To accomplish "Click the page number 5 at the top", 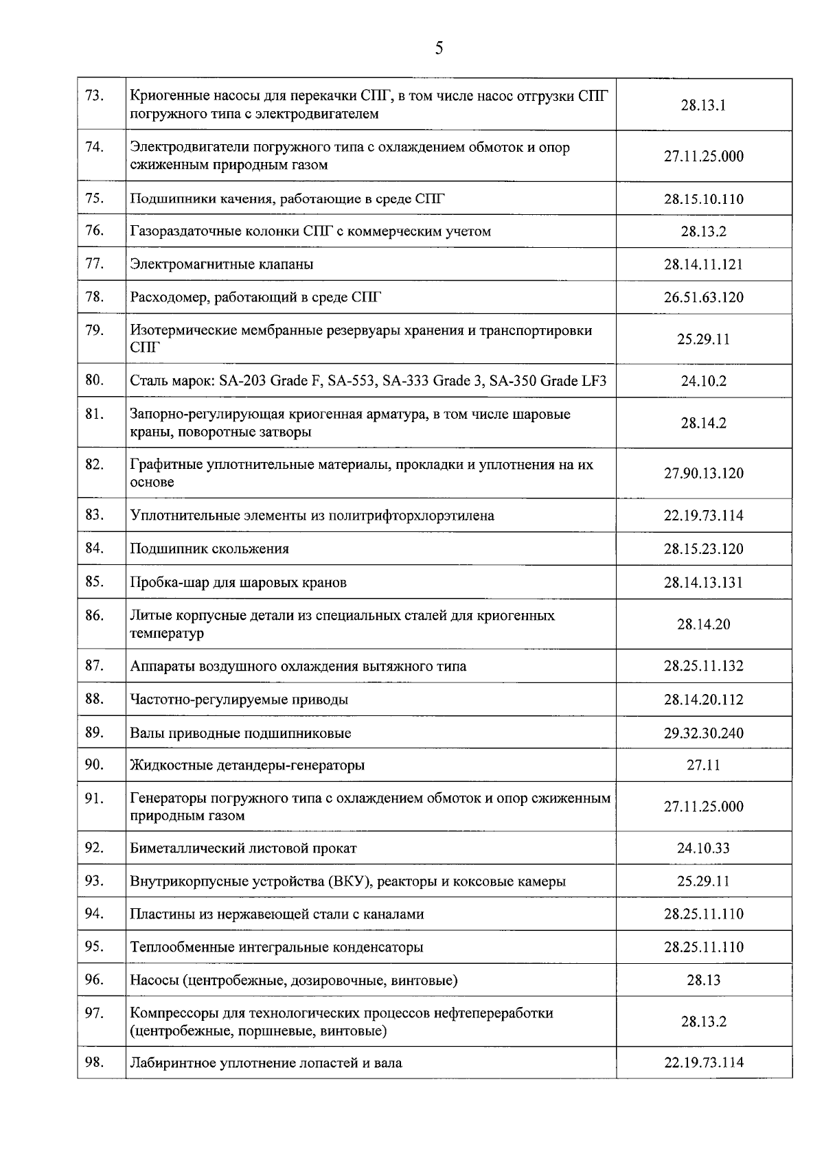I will click(x=439, y=48).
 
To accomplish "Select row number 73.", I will click(x=94, y=95).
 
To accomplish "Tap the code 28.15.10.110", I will click(x=703, y=200).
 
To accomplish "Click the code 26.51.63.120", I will click(x=703, y=298).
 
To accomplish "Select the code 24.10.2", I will click(x=703, y=381).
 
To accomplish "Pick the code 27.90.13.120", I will click(x=703, y=474).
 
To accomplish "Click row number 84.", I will click(x=94, y=548).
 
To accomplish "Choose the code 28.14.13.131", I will click(x=703, y=583).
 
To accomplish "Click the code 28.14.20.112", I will click(x=703, y=700).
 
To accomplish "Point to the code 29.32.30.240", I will click(x=703, y=733).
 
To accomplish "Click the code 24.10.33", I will click(x=703, y=849).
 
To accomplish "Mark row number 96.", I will click(x=94, y=980).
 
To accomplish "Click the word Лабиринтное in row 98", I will click(x=172, y=1063).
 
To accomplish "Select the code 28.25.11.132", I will click(x=703, y=667).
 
